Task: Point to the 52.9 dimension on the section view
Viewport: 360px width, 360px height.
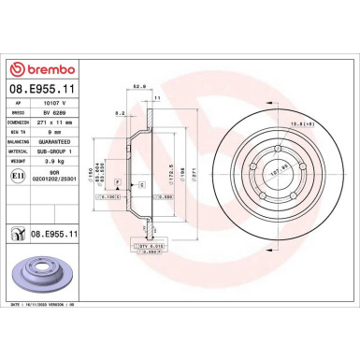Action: pos(141,87)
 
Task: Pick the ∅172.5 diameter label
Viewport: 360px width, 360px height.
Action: pos(167,174)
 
